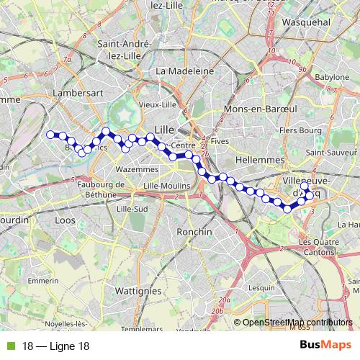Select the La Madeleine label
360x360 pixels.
coord(185,71)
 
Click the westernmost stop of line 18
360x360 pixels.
coord(50,134)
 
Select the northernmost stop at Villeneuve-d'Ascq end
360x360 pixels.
coord(305,186)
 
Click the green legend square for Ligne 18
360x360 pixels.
coord(9,346)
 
